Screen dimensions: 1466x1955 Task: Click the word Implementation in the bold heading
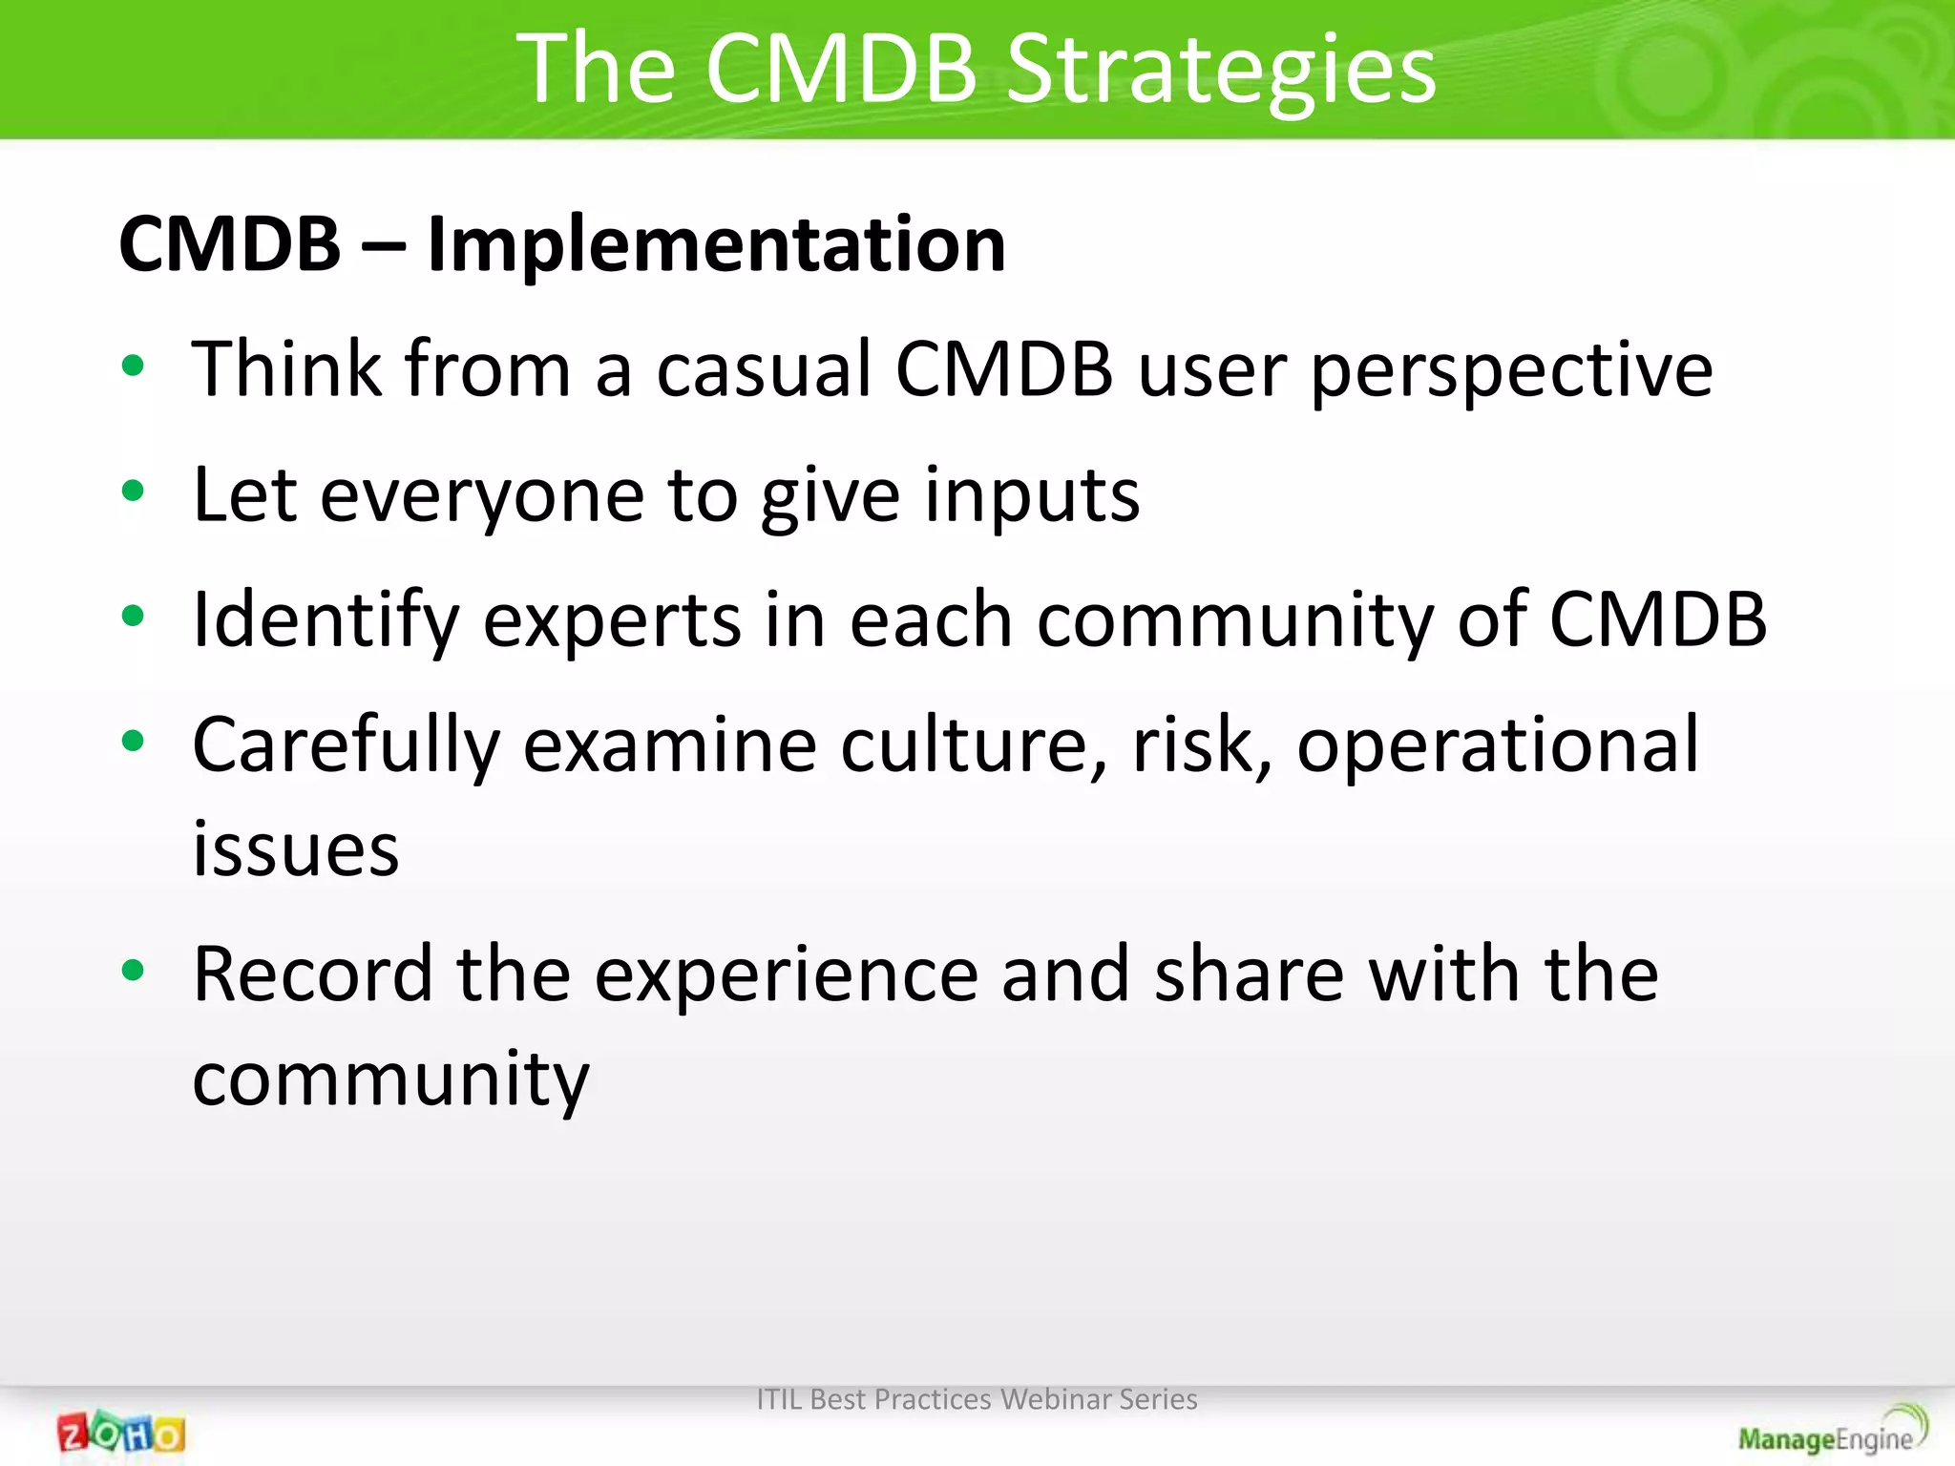coord(716,244)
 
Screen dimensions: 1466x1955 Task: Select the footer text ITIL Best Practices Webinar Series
coord(977,1399)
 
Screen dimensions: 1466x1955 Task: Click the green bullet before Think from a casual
coord(134,366)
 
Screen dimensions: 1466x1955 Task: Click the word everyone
coord(482,496)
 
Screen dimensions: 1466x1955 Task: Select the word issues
coord(295,849)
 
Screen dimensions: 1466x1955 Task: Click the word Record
coord(313,974)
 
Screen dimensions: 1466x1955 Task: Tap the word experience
coord(787,976)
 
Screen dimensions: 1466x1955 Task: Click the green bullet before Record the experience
coord(134,971)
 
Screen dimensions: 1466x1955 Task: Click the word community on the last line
coord(390,1081)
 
